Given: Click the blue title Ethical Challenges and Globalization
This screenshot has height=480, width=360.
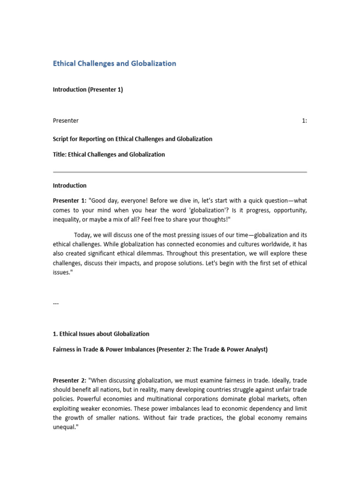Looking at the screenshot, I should click(114, 63).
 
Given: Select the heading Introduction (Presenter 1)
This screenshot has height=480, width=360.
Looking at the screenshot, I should click(88, 90).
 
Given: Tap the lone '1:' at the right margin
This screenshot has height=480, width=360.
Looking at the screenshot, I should click(304, 120).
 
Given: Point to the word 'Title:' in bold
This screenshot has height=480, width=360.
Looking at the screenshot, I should click(60, 154).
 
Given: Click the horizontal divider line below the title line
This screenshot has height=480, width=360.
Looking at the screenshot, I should click(180, 172).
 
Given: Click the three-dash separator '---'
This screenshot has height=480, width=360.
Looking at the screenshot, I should click(56, 303).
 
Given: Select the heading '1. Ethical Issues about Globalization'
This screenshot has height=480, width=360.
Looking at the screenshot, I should click(101, 334).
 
